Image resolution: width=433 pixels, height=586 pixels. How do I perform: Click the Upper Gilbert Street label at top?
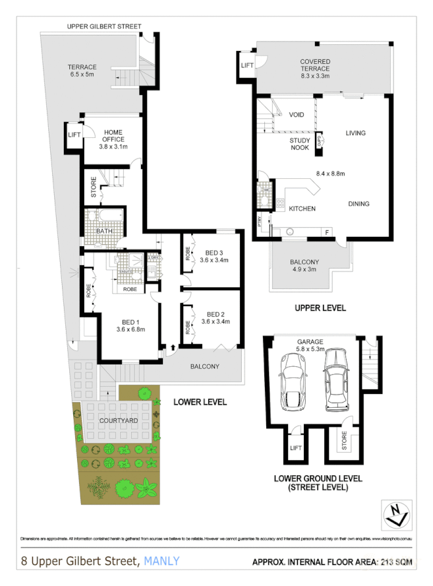(x=104, y=26)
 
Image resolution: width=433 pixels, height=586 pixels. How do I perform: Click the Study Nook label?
(x=301, y=144)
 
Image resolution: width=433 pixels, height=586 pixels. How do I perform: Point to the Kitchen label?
(x=302, y=209)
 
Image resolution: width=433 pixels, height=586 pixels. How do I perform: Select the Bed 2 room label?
(x=217, y=313)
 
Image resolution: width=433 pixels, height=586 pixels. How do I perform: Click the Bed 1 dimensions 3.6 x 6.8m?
(x=130, y=329)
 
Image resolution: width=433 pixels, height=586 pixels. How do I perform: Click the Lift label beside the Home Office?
(x=74, y=135)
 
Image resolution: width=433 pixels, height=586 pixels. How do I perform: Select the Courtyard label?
(x=119, y=420)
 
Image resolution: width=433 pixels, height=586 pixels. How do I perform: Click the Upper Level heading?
(x=320, y=308)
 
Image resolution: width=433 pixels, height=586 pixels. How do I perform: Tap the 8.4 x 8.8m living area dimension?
(x=331, y=174)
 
